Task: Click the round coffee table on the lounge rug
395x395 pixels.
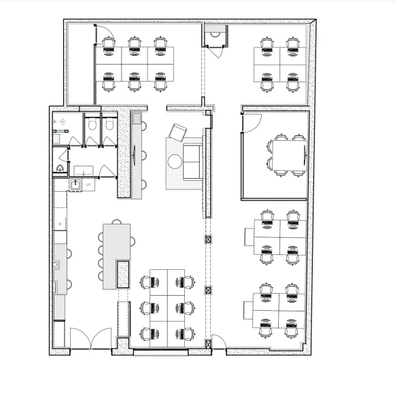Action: point(175,162)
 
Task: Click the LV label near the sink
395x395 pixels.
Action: point(88,185)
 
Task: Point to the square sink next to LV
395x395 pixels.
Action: point(75,184)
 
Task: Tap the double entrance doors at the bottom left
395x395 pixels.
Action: point(90,339)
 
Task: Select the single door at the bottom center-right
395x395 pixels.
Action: point(220,343)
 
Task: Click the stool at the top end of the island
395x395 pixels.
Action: point(118,222)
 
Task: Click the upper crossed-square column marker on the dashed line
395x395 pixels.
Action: point(208,240)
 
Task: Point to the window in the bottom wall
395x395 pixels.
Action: point(161,351)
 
